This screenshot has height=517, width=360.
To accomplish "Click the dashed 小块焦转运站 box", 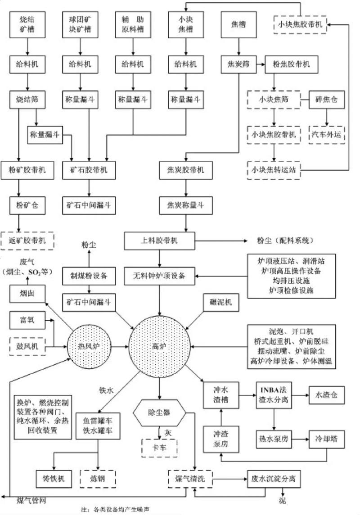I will pos(274,170).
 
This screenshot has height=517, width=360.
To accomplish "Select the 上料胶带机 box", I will pos(160,240).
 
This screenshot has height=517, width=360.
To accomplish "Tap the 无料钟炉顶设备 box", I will pos(160,276).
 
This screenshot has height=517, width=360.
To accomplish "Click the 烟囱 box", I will pos(28,295).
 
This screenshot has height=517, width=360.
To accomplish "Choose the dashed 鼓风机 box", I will pos(28,347).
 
